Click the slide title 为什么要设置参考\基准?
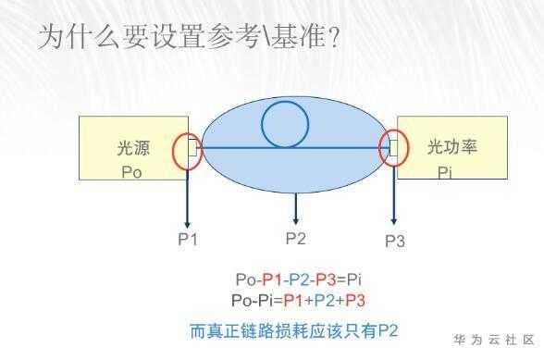[189, 36]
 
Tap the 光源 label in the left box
[133, 148]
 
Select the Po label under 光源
[131, 172]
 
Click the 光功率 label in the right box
[452, 146]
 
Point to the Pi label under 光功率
[444, 172]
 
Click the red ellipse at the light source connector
[173, 152]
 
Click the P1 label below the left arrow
[188, 239]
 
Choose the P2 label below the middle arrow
[296, 238]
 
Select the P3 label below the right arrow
[395, 241]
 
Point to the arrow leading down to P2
[296, 208]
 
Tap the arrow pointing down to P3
[394, 195]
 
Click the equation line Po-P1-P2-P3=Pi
[299, 279]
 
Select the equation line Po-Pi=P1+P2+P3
[298, 300]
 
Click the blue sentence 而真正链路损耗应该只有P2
[294, 330]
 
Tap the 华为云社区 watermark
[494, 340]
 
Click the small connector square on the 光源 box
[192, 147]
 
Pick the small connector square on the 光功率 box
[393, 148]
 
